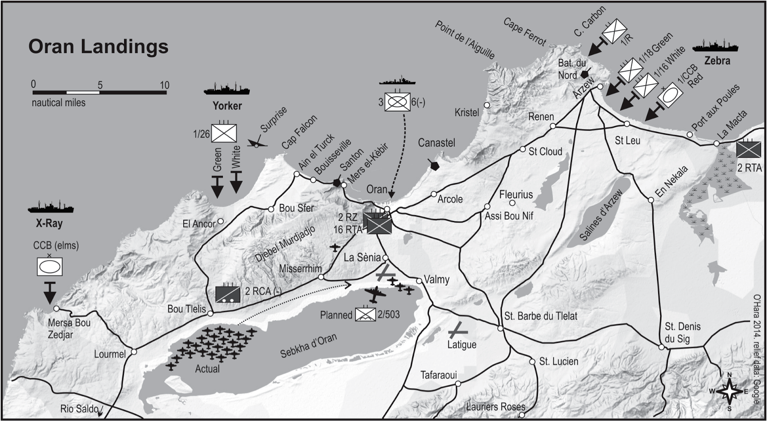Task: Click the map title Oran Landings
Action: coord(98,47)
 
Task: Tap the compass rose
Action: coord(729,392)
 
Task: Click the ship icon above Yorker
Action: coord(226,89)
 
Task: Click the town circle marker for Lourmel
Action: coord(134,352)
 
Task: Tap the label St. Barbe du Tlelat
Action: coord(541,316)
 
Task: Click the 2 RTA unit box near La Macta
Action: coord(748,149)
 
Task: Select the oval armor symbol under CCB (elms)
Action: coord(50,267)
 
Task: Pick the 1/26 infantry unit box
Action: coord(224,133)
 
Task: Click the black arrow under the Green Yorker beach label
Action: coord(217,187)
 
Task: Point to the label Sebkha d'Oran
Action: coord(308,346)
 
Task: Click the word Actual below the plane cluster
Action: coord(207,369)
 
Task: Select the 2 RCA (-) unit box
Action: coord(227,293)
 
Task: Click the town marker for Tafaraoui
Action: coord(458,384)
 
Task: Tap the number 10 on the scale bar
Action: coord(164,85)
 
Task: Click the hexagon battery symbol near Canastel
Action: coord(434,165)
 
